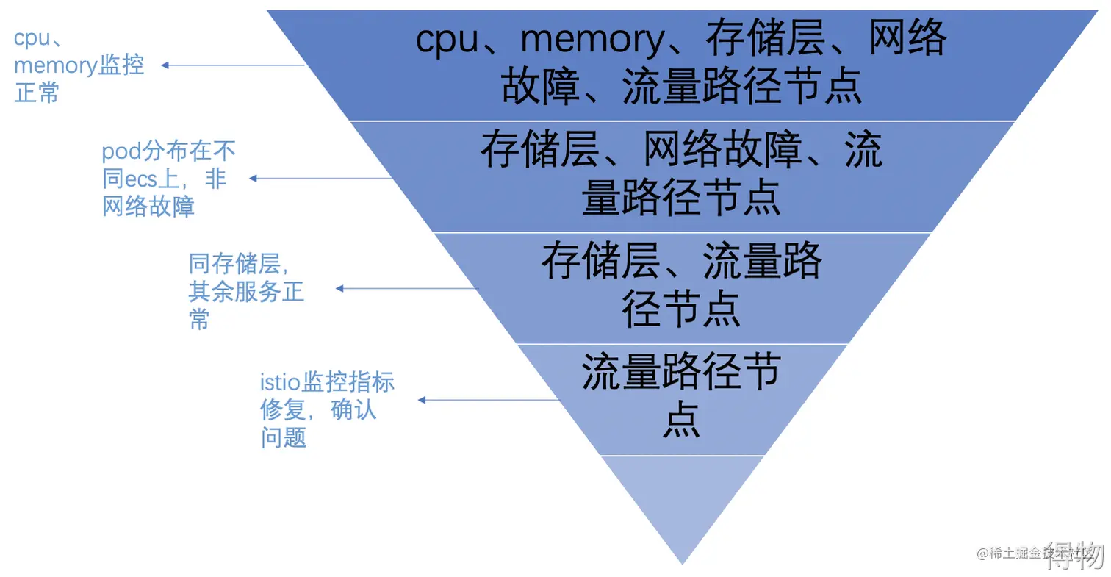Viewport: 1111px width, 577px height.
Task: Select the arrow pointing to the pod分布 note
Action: (x=321, y=178)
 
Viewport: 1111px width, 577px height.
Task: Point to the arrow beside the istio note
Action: (x=489, y=400)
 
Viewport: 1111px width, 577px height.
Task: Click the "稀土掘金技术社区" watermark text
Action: (x=1029, y=553)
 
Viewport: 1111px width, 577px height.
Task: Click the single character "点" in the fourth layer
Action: (x=681, y=420)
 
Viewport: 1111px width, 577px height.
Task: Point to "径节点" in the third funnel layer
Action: (x=681, y=309)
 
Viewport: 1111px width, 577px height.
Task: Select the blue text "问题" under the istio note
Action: (x=283, y=438)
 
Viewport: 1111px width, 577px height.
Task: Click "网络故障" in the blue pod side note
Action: (x=148, y=207)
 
